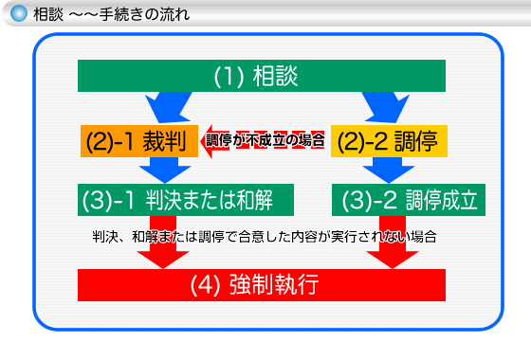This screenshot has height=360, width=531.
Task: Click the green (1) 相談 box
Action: [x=261, y=78]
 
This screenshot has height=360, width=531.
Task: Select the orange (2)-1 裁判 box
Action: [x=138, y=141]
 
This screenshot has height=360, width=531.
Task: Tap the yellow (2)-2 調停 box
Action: [x=389, y=141]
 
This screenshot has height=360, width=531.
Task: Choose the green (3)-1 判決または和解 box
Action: [x=186, y=200]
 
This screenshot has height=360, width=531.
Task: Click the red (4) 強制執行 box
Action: [x=261, y=284]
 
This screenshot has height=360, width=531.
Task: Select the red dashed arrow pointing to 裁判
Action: [x=265, y=141]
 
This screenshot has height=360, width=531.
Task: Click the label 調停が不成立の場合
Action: [x=265, y=141]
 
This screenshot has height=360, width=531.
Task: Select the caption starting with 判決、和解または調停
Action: [x=265, y=235]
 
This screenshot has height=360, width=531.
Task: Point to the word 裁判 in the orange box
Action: [x=163, y=141]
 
